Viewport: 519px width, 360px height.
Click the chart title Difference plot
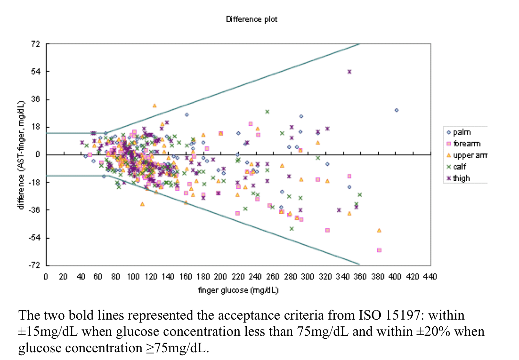pyautogui.click(x=252, y=19)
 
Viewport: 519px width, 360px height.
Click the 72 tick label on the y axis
pyautogui.click(x=36, y=44)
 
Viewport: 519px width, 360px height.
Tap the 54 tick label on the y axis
pyautogui.click(x=36, y=71)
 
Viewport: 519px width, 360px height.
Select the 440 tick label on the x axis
pyautogui.click(x=430, y=277)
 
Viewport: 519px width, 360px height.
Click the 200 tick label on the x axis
pyautogui.click(x=220, y=277)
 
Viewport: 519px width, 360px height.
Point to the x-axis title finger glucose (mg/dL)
pyautogui.click(x=238, y=290)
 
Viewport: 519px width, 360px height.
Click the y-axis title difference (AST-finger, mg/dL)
pyautogui.click(x=21, y=155)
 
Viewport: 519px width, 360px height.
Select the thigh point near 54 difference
pyautogui.click(x=349, y=72)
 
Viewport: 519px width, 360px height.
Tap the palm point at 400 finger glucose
pyautogui.click(x=396, y=110)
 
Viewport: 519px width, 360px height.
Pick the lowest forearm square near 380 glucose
pyautogui.click(x=379, y=250)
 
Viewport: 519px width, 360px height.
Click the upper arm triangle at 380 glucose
pyautogui.click(x=379, y=230)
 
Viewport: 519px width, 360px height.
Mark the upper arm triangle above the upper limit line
pyautogui.click(x=155, y=106)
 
